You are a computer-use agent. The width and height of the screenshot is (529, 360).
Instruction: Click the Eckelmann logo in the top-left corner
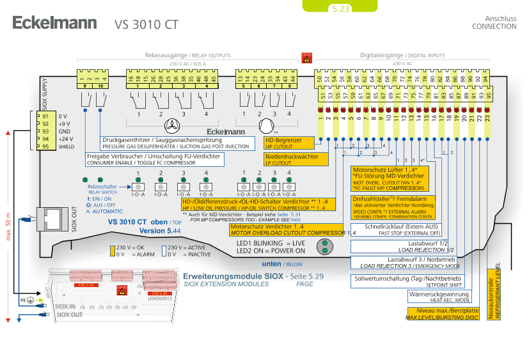pyautogui.click(x=54, y=23)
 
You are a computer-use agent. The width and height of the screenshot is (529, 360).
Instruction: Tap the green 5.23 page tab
pyautogui.click(x=340, y=9)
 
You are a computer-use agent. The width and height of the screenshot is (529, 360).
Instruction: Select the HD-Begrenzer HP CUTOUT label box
pyautogui.click(x=289, y=143)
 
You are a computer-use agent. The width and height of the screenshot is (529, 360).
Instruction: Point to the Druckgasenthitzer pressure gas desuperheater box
pyautogui.click(x=175, y=143)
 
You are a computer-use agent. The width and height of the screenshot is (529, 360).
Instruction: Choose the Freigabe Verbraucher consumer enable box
pyautogui.click(x=154, y=159)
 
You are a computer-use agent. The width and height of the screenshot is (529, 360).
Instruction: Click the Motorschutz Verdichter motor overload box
pyautogui.click(x=293, y=229)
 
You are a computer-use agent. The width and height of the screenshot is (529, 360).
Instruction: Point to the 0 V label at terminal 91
pyautogui.click(x=63, y=116)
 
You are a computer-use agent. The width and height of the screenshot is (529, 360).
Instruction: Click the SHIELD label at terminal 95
pyautogui.click(x=67, y=146)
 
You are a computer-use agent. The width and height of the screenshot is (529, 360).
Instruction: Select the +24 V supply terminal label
pyautogui.click(x=65, y=138)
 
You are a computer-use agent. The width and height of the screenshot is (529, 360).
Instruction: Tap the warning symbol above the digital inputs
pyautogui.click(x=306, y=58)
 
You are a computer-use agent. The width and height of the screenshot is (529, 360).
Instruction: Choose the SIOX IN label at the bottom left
pyautogui.click(x=68, y=306)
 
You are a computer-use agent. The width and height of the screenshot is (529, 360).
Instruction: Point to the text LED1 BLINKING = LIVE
pyautogui.click(x=271, y=243)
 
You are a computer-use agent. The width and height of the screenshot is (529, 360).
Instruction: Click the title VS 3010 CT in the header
pyautogui.click(x=146, y=24)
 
